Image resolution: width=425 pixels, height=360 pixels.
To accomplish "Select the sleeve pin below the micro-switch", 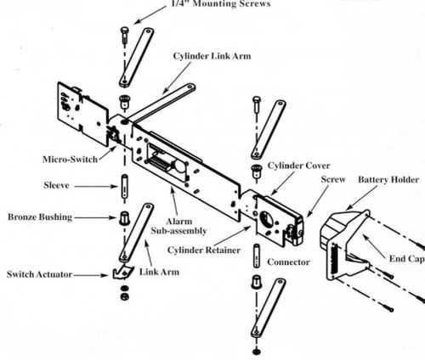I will point(124,183).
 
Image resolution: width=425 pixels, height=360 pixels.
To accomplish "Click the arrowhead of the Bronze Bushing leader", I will point(114,217).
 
